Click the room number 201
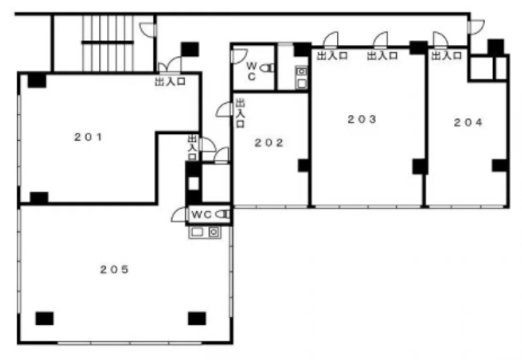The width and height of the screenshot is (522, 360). [88, 137]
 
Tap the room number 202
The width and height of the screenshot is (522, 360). [269, 143]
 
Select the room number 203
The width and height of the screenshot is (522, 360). [362, 119]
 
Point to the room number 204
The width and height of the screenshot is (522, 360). [468, 122]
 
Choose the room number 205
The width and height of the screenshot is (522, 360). [115, 269]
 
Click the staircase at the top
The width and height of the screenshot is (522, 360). [108, 43]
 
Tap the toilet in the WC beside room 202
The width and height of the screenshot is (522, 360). [267, 68]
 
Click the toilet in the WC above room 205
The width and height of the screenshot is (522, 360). [223, 214]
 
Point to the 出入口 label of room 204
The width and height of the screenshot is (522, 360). [446, 55]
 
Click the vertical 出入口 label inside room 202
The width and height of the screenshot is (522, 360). [240, 113]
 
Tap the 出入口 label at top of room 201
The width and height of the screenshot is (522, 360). [170, 81]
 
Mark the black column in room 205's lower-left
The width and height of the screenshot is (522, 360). [45, 318]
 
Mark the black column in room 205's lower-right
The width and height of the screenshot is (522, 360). [197, 318]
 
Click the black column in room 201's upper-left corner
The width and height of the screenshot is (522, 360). [37, 80]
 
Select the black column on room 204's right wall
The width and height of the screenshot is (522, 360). [500, 166]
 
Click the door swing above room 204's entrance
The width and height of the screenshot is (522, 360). [441, 39]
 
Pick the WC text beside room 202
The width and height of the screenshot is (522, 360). [251, 71]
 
